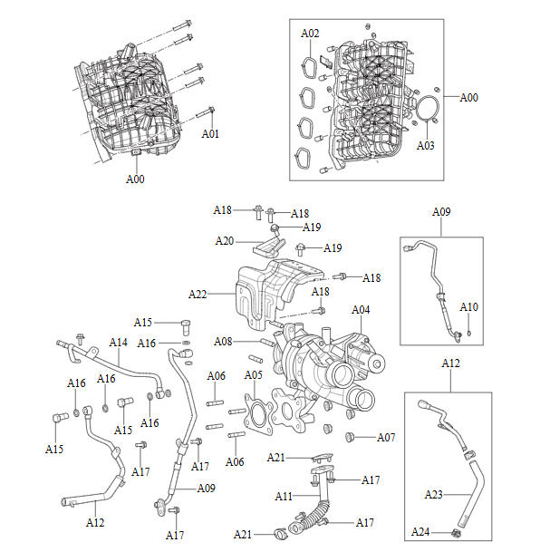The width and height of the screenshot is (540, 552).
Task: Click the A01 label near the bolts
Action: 210,133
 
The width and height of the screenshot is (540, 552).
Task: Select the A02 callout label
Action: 310,34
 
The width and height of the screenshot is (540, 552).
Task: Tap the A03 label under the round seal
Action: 426,144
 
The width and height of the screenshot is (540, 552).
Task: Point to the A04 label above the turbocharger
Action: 361,310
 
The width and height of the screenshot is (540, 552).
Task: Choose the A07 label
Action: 386,438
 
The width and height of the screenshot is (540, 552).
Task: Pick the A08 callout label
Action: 224,342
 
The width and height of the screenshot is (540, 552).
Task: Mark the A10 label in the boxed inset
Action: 468,307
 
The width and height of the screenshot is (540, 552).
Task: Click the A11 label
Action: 284,497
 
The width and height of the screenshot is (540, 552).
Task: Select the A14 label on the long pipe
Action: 119,343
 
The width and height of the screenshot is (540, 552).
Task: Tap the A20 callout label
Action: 225,240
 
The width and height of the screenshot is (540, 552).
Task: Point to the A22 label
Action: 198,294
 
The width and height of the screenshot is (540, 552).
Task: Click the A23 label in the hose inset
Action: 435,495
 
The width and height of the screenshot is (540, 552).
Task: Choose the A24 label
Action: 420,532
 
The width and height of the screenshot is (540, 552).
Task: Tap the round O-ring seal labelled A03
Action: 429,114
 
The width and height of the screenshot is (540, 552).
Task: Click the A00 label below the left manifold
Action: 134,179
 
